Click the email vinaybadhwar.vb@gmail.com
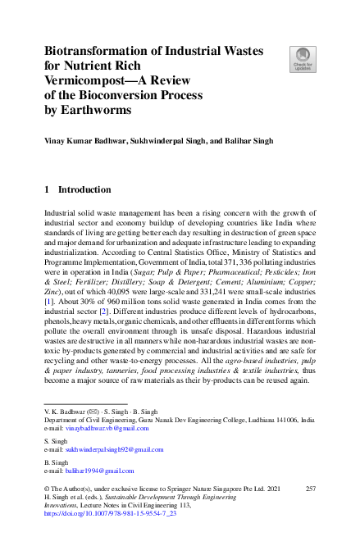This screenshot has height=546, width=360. coord(102,428)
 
